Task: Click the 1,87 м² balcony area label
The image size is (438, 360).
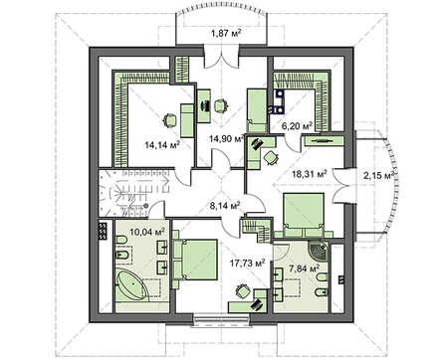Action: click(226, 33)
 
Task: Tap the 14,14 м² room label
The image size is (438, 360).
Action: click(162, 144)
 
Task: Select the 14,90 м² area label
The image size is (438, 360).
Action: click(227, 138)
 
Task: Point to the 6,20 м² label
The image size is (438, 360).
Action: click(297, 126)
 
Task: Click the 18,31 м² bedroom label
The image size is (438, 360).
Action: click(310, 173)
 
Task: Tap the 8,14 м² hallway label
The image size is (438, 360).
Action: click(225, 206)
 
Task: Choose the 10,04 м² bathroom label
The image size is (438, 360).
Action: click(147, 232)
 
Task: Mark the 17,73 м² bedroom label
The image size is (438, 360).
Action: click(248, 263)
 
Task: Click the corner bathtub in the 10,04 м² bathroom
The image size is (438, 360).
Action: click(131, 285)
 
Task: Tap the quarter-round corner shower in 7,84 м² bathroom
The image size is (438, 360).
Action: click(318, 253)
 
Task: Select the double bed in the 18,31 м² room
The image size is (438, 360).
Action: click(304, 215)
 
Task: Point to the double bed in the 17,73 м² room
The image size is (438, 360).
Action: click(195, 260)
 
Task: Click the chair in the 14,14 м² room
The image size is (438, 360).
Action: click(170, 120)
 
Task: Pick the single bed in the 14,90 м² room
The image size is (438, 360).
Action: click(257, 109)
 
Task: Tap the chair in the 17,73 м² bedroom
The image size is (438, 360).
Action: click(242, 291)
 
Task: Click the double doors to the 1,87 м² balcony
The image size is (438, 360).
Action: click(221, 59)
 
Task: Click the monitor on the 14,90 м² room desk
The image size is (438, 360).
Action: click(203, 105)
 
